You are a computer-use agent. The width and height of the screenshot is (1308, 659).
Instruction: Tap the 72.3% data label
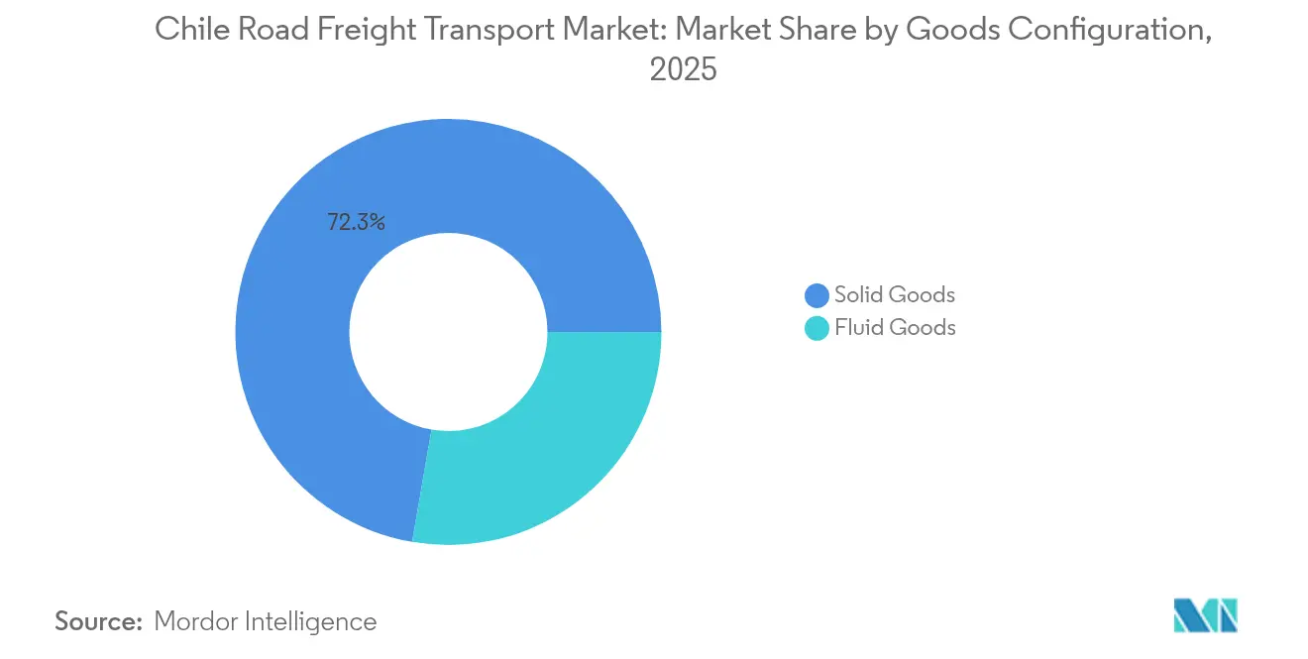[356, 223]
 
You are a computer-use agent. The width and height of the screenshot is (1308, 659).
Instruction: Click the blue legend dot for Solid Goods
[817, 295]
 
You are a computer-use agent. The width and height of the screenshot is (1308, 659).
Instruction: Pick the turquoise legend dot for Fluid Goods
[817, 328]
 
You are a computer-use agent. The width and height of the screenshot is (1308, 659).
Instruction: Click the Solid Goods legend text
[894, 295]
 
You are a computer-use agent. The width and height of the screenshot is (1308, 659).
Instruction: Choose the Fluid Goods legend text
[894, 328]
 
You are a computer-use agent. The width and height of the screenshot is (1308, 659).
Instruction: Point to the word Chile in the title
[187, 31]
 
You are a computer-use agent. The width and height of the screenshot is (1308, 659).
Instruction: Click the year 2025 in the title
[683, 70]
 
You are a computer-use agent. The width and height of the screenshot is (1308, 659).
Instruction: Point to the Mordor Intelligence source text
[266, 621]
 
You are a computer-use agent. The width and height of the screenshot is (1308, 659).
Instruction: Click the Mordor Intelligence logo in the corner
[1205, 615]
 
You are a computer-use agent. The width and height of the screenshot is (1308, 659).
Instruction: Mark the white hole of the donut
[448, 331]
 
